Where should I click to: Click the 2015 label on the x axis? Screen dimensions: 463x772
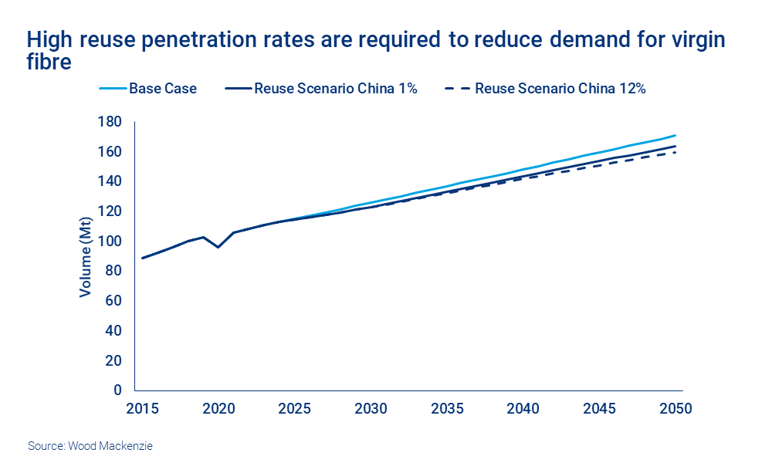click(x=141, y=408)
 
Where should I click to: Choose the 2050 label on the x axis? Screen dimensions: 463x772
click(x=676, y=408)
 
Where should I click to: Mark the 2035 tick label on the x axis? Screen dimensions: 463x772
click(x=447, y=408)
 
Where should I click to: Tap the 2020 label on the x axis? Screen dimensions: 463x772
click(x=218, y=408)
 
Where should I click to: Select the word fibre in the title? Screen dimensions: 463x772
click(x=49, y=61)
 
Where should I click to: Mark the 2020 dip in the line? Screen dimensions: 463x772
click(x=218, y=247)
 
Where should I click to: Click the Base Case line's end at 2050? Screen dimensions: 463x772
click(x=675, y=135)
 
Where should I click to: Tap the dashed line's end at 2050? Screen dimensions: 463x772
click(x=675, y=152)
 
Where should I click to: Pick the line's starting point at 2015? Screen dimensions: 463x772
click(x=142, y=258)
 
